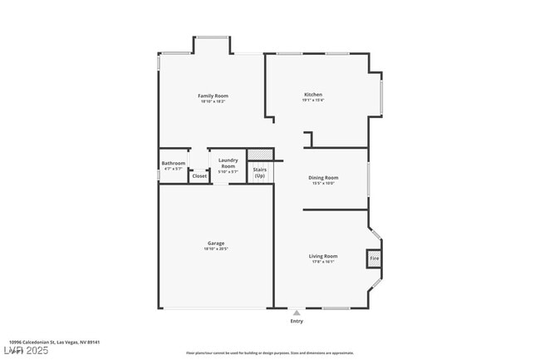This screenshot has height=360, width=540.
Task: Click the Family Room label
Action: pos(213,96)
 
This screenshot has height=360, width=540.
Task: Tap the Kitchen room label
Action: pos(312,95)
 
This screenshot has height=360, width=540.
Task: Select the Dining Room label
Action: pos(323,177)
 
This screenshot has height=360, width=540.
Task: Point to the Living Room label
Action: pos(323,256)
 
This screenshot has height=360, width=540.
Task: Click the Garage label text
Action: pos(216,244)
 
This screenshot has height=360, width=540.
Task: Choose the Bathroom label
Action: pos(174,163)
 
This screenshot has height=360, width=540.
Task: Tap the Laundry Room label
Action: pos(228,163)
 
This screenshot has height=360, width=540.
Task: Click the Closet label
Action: pos(199,176)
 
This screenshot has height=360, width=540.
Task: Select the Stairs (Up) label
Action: pos(260,172)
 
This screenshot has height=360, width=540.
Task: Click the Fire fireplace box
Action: pos(374,259)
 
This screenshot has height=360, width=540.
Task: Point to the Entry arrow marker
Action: pos(297,313)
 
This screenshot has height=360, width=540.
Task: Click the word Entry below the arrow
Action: pos(297,321)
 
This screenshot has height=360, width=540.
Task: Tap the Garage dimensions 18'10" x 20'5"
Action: pos(216,249)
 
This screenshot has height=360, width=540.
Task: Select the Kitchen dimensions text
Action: pos(312,101)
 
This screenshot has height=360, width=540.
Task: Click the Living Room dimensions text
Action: pos(323,262)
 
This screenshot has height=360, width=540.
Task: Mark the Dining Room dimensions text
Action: pos(323,183)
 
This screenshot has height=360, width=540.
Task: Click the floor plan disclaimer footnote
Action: pos(269,353)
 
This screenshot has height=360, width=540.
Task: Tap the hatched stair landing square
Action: pos(260,155)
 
